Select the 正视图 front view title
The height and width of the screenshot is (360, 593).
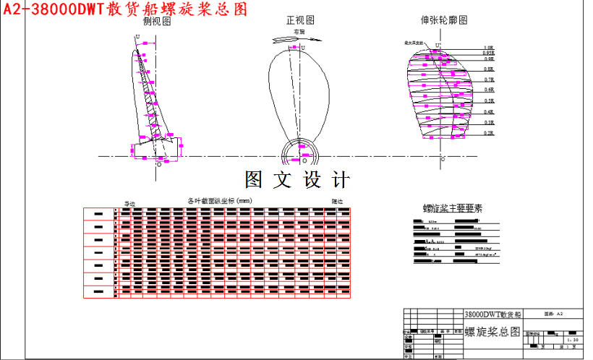pos(301,22)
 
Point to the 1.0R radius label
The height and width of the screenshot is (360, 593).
pos(488,48)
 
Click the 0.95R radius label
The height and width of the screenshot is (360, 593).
pos(488,53)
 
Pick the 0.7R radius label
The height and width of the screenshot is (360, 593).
pos(489,80)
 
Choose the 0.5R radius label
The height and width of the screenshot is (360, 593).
pos(489,101)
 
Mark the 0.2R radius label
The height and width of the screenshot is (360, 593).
pos(489,134)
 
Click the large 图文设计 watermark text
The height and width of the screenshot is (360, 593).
pos(297,179)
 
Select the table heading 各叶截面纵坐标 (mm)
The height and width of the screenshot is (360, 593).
pos(219,200)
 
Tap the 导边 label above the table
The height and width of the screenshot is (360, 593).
pos(130,204)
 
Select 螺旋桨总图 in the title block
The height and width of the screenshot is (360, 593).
pos(492,332)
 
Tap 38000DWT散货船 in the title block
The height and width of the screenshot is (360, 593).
pos(492,315)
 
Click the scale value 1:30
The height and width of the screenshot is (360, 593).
pos(573,339)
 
